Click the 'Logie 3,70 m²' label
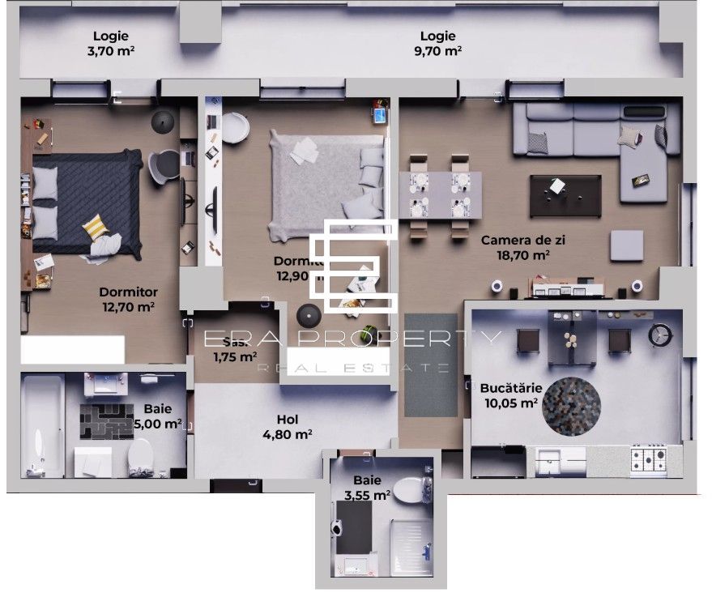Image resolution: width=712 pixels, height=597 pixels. click(111, 43)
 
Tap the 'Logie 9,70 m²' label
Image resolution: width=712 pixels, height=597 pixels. click(437, 43)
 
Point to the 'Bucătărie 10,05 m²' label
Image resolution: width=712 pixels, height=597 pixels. click(509, 394)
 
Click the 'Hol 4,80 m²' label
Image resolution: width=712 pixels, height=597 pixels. click(288, 427)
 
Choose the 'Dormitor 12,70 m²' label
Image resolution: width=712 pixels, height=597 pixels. click(128, 299)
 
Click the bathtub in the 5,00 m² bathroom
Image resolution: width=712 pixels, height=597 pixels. click(41, 425)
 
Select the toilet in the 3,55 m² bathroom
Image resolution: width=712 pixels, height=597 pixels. click(416, 489)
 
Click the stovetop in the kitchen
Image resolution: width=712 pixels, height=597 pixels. click(649, 460)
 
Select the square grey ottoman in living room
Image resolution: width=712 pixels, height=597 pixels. click(626, 245)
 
